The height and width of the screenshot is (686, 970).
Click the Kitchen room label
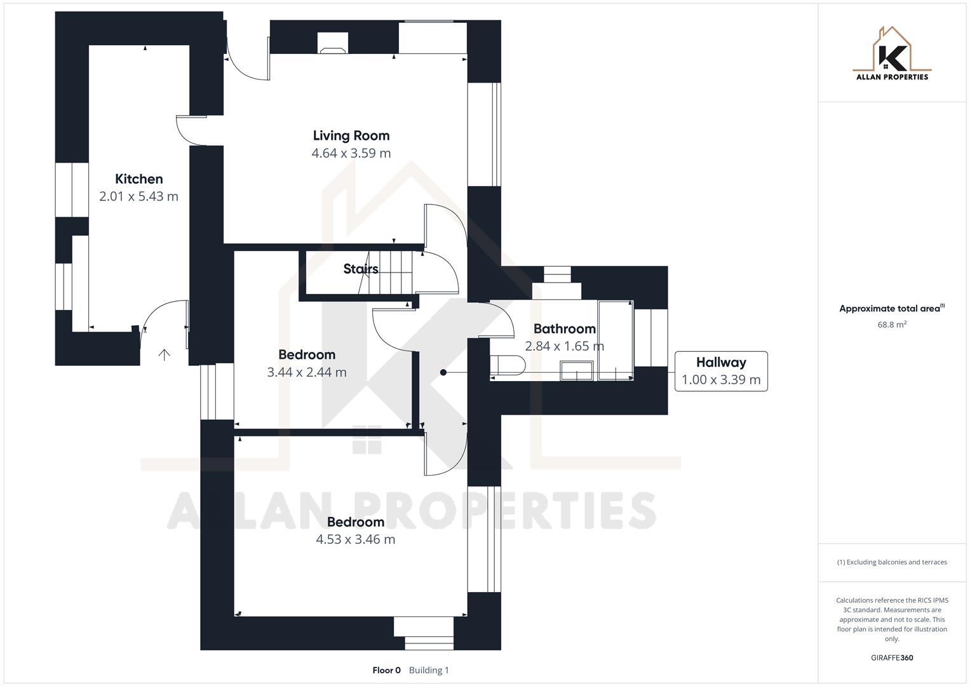[138, 179]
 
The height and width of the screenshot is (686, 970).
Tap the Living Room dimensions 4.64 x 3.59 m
[351, 153]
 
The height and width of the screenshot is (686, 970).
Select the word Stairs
[361, 269]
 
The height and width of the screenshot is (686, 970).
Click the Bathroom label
[564, 328]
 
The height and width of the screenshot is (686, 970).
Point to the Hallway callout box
[720, 371]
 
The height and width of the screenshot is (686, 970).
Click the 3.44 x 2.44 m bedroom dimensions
[306, 372]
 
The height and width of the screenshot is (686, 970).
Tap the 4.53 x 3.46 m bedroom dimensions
[355, 539]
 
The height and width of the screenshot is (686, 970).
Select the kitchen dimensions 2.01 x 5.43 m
[138, 196]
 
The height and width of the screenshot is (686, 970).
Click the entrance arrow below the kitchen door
[164, 354]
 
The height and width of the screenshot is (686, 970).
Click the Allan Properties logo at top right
[892, 55]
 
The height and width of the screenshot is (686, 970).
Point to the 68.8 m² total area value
[892, 325]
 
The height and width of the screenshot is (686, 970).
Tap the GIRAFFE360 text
[892, 657]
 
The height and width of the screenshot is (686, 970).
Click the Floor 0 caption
[386, 670]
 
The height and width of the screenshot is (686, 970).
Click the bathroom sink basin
[576, 370]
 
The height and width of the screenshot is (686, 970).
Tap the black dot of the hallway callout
[443, 372]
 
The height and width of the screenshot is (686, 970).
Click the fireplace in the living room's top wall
[332, 43]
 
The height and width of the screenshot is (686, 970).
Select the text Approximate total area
[889, 309]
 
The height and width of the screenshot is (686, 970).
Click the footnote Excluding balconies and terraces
[892, 562]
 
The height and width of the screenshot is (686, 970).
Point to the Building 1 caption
[429, 670]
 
